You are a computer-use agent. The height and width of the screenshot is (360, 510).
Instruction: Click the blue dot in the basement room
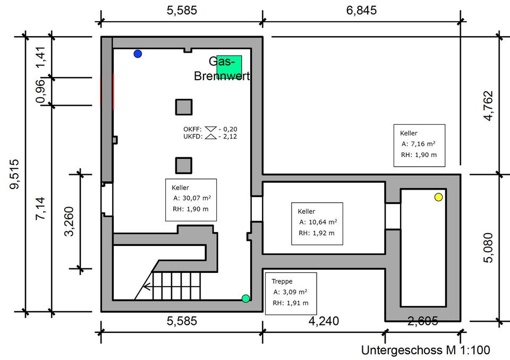point(138,54)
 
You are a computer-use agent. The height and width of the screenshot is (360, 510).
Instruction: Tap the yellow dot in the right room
point(438,197)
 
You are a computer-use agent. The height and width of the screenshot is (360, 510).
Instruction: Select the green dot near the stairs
point(245,298)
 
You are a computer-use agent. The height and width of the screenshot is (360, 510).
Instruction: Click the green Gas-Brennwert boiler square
point(229,67)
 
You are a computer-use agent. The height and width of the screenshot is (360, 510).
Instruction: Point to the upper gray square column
point(184,107)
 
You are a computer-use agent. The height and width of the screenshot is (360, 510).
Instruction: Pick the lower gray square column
point(184,166)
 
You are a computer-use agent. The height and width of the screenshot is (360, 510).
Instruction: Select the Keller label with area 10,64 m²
point(317,222)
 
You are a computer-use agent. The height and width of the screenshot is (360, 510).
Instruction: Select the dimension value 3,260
point(69,221)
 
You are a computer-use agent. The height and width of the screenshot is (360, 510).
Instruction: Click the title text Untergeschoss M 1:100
point(426,350)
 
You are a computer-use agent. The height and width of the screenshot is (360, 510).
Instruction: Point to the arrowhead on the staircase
point(147,289)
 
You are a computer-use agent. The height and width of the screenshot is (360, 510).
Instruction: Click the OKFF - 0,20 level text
point(209,129)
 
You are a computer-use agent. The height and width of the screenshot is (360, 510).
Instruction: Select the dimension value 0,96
point(40,92)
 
